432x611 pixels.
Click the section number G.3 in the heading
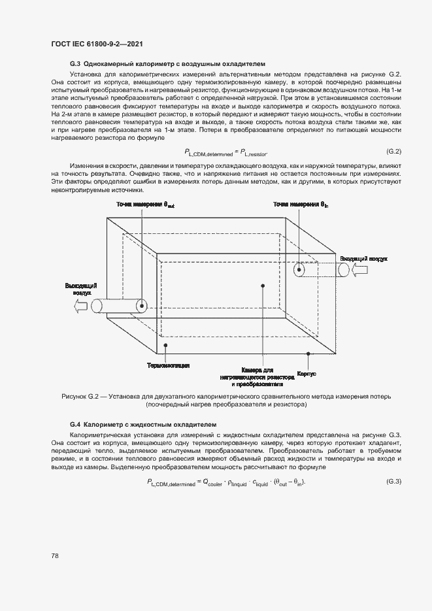[75, 65]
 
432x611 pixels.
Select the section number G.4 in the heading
[75, 424]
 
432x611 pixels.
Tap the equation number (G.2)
[393, 152]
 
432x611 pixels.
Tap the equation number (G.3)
[393, 482]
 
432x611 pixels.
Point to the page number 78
[55, 555]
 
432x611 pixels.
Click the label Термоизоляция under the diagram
[168, 365]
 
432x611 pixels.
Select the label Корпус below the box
[307, 374]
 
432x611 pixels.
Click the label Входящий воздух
[364, 259]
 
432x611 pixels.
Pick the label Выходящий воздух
[82, 289]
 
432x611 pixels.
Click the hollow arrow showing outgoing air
[82, 306]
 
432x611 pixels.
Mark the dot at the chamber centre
[262, 286]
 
